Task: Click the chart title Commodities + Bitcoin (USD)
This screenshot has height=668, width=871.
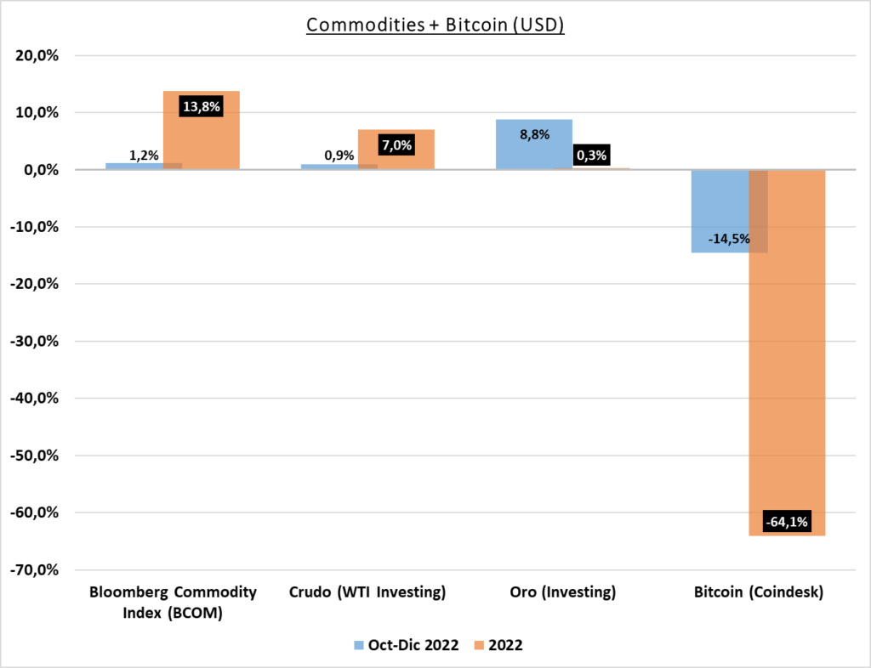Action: click(435, 25)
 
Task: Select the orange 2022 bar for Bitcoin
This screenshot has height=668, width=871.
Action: click(787, 353)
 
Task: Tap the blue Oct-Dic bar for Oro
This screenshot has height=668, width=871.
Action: click(534, 144)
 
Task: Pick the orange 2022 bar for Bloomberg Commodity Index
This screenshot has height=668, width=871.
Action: click(202, 130)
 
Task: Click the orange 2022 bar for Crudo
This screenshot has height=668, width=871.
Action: click(396, 150)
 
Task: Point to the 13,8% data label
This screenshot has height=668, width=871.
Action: click(201, 106)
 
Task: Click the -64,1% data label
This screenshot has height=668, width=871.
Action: click(787, 522)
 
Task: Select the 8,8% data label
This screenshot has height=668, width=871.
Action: click(534, 134)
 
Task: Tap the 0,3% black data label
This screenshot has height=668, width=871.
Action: click(592, 156)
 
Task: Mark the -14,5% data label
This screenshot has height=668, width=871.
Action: click(729, 239)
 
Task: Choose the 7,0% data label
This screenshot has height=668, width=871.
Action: click(396, 145)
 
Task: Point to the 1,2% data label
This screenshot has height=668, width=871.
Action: click(144, 156)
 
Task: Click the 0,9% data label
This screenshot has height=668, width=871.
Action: click(339, 156)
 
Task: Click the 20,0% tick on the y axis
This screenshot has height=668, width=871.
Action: click(37, 55)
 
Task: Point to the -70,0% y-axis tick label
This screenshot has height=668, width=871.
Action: click(34, 569)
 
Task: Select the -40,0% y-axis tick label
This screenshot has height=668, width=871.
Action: click(34, 399)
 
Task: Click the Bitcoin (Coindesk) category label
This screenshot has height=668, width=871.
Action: click(758, 592)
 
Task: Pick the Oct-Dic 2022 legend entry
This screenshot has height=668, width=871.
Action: click(407, 645)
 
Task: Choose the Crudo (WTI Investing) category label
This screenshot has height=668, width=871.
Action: click(367, 592)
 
